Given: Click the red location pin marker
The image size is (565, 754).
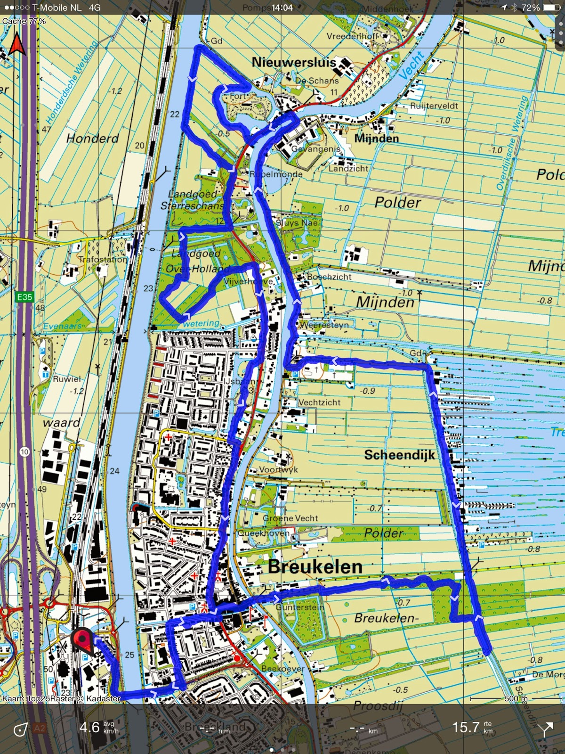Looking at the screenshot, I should [x=82, y=641].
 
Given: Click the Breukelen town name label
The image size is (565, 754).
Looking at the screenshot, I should [x=315, y=566].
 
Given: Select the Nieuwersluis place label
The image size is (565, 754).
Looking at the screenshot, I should [x=294, y=62].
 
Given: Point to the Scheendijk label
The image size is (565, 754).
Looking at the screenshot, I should [x=399, y=455].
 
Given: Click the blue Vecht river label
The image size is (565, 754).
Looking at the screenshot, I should [x=412, y=65].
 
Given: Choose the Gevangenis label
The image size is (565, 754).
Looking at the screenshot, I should [x=315, y=149].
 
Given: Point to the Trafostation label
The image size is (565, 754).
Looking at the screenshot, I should [x=103, y=260].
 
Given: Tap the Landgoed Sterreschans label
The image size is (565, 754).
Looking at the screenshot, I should [x=193, y=200].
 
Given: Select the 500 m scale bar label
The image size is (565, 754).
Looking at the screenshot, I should [x=516, y=698].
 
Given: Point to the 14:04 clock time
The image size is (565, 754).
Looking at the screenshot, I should [x=282, y=8].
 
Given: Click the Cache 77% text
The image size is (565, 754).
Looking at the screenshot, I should [x=24, y=21].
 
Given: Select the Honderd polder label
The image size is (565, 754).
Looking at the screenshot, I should [x=92, y=138].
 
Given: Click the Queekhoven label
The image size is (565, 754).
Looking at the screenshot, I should [x=264, y=533].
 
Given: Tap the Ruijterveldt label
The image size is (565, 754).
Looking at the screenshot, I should [x=434, y=106].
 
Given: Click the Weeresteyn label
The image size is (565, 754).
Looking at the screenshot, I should [x=324, y=325].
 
